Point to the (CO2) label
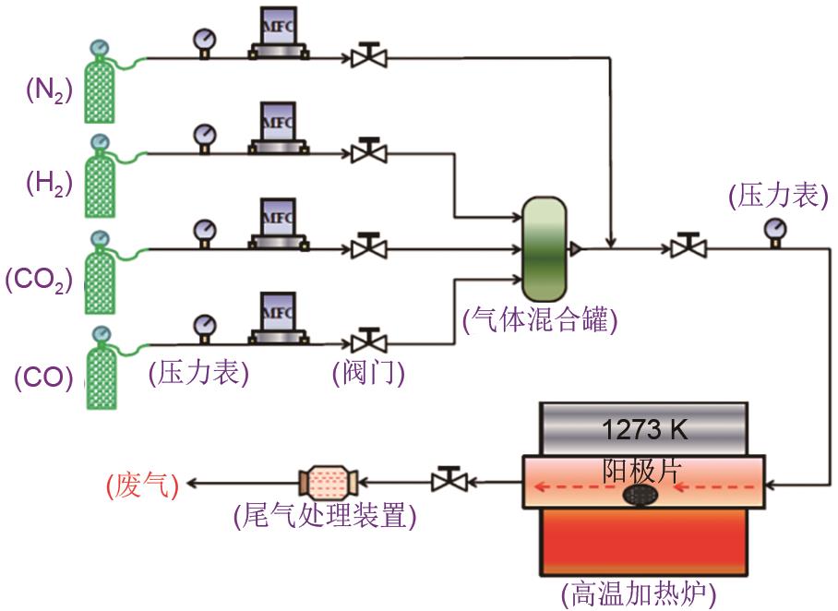click(39, 280)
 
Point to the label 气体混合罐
click(540, 321)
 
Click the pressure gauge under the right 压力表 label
click(774, 230)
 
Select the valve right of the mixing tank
click(688, 246)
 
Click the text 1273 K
click(643, 429)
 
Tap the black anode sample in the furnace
click(638, 495)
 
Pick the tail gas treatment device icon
click(328, 481)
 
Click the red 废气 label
click(141, 483)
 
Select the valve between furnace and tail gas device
click(449, 480)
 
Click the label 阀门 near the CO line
click(369, 373)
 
